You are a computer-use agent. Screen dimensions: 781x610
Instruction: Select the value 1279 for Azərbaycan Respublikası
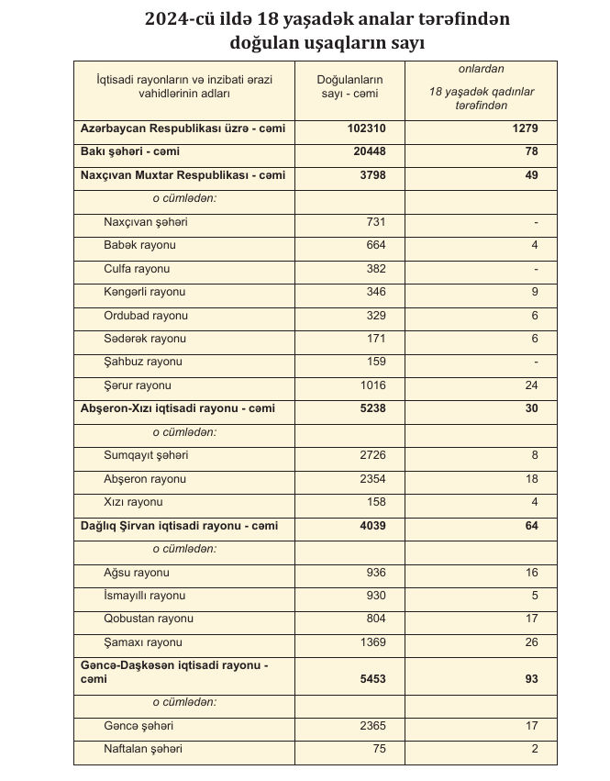(x=523, y=129)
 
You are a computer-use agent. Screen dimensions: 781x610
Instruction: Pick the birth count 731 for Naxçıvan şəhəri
(x=376, y=222)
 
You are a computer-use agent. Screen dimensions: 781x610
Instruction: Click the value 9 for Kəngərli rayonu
(x=534, y=292)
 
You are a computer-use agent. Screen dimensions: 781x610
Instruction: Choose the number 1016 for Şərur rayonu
(x=372, y=385)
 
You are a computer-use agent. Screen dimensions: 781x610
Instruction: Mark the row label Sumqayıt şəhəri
(x=147, y=455)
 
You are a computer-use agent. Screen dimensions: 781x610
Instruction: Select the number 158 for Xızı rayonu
(x=376, y=502)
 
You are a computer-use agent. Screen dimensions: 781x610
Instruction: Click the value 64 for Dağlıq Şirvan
(x=531, y=526)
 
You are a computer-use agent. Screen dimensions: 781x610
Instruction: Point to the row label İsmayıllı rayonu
(x=145, y=596)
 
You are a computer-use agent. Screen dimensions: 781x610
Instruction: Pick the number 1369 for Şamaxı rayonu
(x=372, y=642)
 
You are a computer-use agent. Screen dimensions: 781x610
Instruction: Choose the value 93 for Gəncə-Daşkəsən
(x=531, y=679)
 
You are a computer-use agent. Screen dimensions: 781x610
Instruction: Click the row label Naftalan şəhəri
(x=143, y=749)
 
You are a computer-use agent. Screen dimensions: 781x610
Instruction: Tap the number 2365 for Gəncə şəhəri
(x=372, y=726)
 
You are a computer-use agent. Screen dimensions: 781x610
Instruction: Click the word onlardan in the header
(x=481, y=69)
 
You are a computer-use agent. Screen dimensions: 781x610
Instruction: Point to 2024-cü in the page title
(x=180, y=19)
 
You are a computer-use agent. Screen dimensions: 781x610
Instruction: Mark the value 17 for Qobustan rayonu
(x=531, y=619)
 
